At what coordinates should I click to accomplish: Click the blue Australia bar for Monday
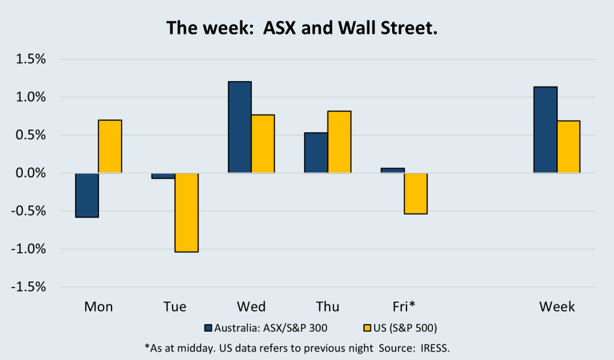coord(87,195)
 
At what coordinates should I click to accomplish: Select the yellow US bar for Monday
coord(110,146)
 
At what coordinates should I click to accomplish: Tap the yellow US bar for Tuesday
coord(186,212)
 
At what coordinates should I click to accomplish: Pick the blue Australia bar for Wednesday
coord(240,127)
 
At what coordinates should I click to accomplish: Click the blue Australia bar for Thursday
coord(316,153)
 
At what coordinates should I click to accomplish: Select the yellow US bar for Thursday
coord(339,142)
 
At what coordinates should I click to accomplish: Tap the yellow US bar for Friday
coord(416,193)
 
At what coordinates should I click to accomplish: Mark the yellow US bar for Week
coord(568,147)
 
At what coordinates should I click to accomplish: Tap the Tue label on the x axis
coord(174,307)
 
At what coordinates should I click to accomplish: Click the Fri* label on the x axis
coord(404,307)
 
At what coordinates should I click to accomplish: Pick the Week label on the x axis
coord(557,307)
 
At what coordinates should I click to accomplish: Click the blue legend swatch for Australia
coord(209,328)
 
